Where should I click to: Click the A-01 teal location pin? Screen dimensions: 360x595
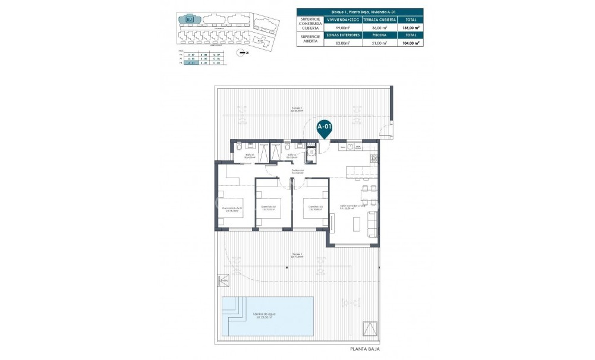324,128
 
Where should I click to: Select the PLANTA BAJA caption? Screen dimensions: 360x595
364,349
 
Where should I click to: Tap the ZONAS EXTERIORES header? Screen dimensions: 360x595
343,35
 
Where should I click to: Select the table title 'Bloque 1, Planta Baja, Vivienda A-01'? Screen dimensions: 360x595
360,11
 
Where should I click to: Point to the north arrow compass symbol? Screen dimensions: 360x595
240,53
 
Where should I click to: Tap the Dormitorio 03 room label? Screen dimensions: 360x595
315,208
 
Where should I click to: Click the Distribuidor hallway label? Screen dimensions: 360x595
298,172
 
